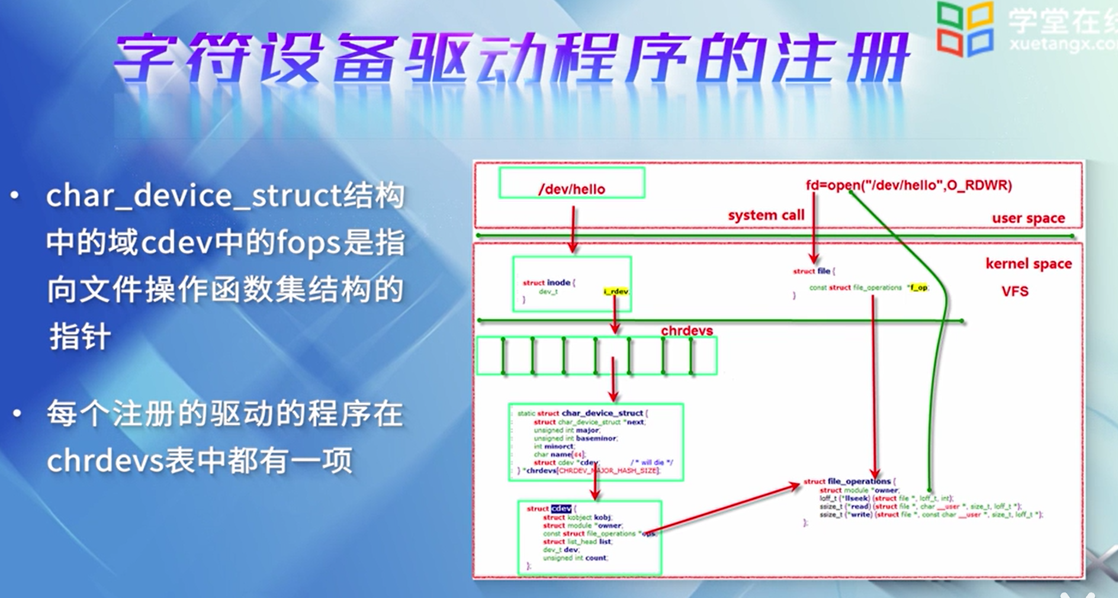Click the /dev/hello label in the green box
coord(571,189)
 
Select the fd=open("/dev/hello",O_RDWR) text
coord(908,185)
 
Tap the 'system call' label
coord(766,215)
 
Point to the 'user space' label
coord(1028,218)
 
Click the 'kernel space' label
coord(1028,264)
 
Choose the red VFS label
coord(1014,291)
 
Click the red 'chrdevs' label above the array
coord(686,330)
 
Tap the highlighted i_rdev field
coord(616,291)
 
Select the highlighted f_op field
coord(919,288)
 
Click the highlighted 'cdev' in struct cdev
coord(561,509)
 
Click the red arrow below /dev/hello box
coord(573,229)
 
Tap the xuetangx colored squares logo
coord(965,28)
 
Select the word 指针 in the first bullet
coord(79,337)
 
